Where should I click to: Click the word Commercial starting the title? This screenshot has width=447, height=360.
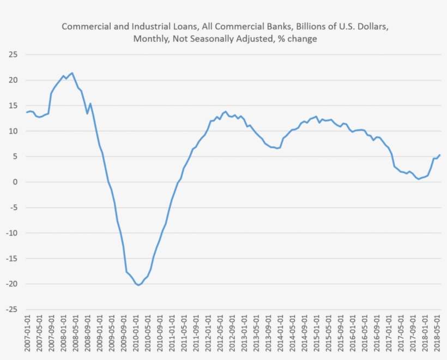click(x=83, y=26)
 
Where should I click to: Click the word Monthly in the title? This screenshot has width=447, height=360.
click(x=148, y=39)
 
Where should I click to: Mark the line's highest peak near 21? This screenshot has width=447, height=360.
click(x=73, y=73)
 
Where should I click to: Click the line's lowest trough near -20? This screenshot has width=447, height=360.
click(x=138, y=285)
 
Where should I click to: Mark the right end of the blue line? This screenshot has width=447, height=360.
click(x=440, y=155)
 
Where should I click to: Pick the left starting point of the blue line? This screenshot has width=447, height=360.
click(x=27, y=112)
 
